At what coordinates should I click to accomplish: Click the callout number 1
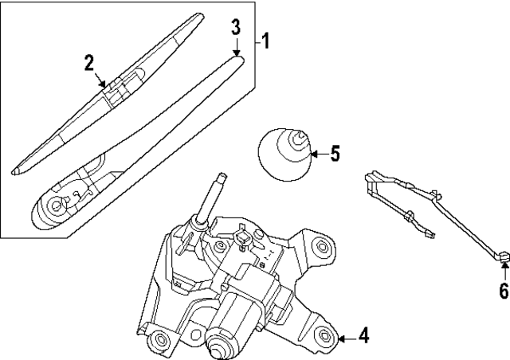[x=267, y=39]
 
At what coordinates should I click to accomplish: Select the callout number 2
[x=90, y=62]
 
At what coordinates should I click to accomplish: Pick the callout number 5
[x=335, y=153]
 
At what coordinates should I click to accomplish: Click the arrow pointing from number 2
[x=100, y=78]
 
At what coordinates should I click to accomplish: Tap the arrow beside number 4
[x=346, y=338]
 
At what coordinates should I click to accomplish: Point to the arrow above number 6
[x=503, y=269]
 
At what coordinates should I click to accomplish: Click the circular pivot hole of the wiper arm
[x=57, y=205]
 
